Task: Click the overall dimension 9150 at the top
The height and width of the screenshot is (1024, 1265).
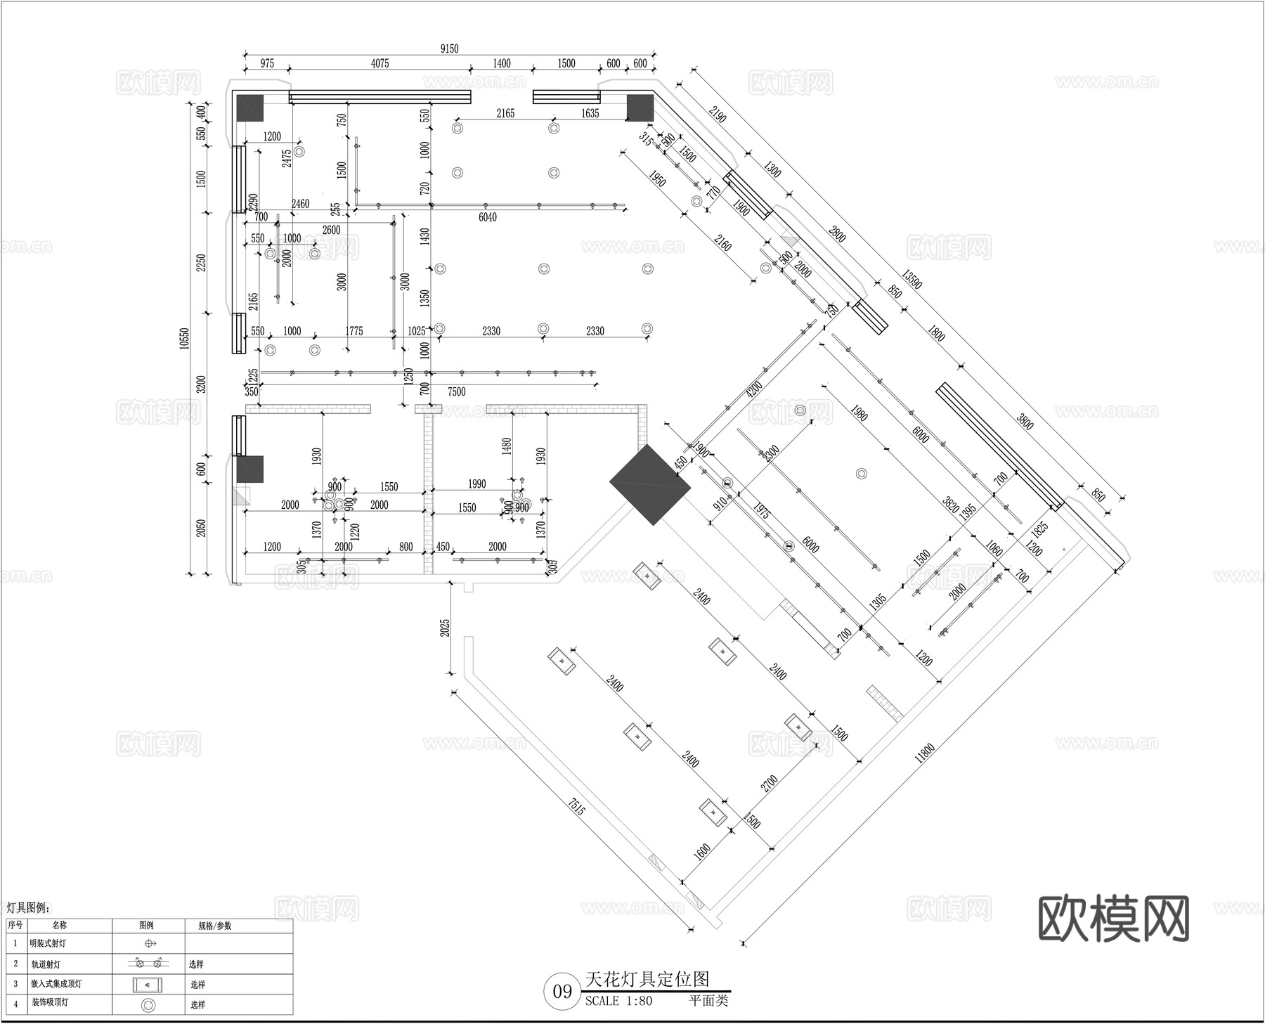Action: pos(449,48)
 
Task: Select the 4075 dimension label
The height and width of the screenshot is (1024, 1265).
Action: pos(379,63)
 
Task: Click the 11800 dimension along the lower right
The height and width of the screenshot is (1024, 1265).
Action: pos(925,763)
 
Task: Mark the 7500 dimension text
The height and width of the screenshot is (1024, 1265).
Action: pos(457,391)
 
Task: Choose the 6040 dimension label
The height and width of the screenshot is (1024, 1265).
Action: pos(488,217)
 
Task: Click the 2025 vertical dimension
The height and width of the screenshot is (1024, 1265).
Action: pos(446,628)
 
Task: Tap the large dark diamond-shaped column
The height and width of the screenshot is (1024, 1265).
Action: pos(650,484)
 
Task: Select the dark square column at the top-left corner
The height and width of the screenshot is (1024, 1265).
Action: pos(249,108)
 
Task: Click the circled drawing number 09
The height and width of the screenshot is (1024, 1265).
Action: pos(562,992)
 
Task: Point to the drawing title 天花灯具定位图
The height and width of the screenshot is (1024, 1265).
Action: pos(647,978)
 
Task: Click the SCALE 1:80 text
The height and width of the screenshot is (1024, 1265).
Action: pos(618,1001)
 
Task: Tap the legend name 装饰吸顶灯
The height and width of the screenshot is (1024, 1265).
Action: pos(49,1003)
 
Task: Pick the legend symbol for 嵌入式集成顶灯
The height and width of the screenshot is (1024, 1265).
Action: pos(148,984)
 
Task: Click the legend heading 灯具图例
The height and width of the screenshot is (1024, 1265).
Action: pos(28,907)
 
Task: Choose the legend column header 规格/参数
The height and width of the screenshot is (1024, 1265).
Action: pos(214,926)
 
